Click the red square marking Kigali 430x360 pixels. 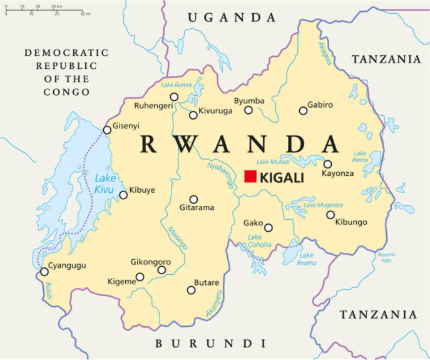click(250, 177)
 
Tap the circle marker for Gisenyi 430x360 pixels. click(107, 130)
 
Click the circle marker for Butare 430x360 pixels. click(191, 290)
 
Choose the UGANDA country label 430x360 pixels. click(231, 18)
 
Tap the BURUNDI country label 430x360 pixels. click(210, 343)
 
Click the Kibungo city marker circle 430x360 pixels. click(330, 215)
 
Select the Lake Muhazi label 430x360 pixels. click(271, 162)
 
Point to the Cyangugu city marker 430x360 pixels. click(44, 272)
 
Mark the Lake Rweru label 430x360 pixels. click(306, 259)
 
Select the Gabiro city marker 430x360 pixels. click(303, 111)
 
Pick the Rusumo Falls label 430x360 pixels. click(386, 257)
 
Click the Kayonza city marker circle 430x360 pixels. click(327, 165)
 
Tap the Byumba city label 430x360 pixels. click(249, 101)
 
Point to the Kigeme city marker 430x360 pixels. click(140, 277)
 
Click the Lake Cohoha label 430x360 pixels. click(259, 241)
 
